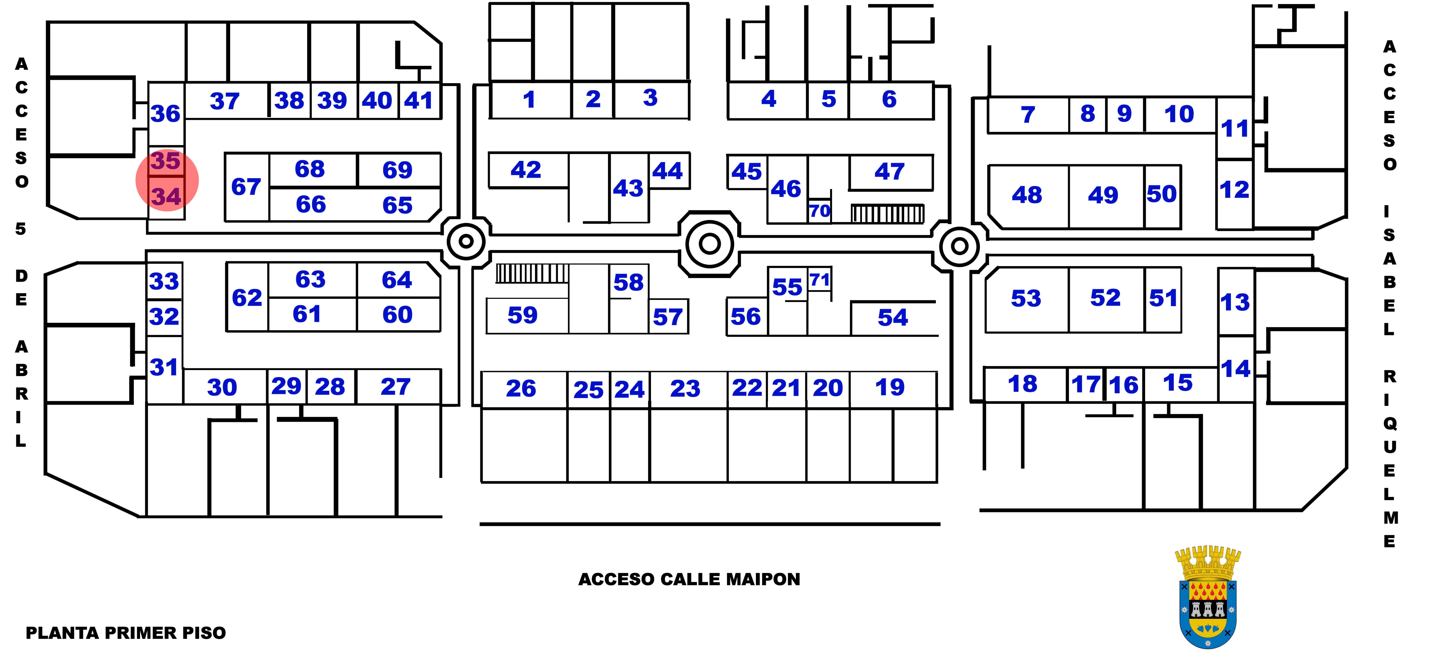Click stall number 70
pos(819,211)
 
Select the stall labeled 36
pos(165,114)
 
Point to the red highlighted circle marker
pos(167,180)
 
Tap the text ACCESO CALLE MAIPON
pos(689,579)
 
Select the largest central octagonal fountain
pos(709,243)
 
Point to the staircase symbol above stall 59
pos(532,273)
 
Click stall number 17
pos(1086,384)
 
